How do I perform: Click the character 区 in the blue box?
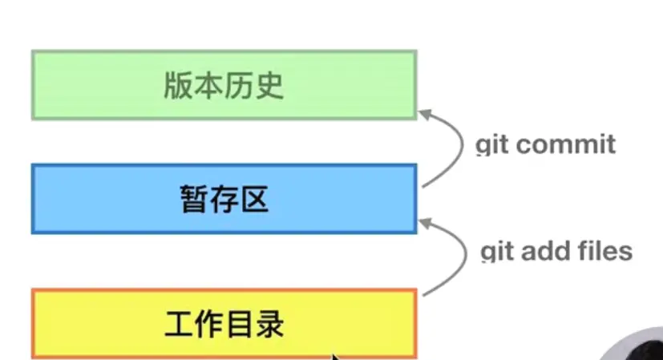(255, 199)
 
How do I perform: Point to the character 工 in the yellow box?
(179, 324)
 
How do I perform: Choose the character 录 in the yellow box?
(269, 324)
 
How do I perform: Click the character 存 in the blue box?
(224, 199)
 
